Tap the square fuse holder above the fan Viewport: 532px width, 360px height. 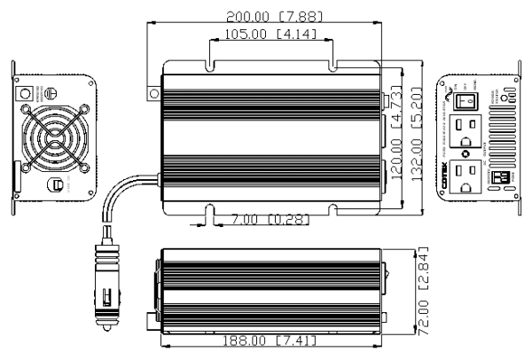click(x=27, y=91)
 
